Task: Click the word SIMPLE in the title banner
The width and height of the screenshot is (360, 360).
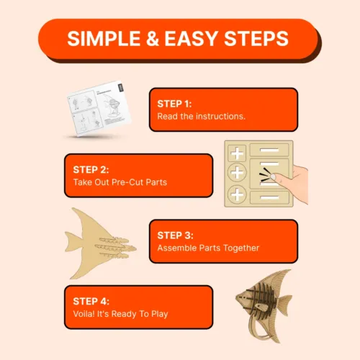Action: click(104, 39)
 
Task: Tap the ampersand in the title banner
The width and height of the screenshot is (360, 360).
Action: click(153, 39)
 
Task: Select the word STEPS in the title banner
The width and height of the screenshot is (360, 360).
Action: click(256, 39)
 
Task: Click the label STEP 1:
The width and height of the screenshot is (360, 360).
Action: click(174, 104)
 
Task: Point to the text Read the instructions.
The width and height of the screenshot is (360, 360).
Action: click(201, 117)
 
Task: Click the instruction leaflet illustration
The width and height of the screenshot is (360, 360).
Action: click(99, 109)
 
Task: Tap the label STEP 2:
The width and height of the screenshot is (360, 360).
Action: click(91, 170)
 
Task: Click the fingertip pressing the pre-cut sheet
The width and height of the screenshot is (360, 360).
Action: click(274, 177)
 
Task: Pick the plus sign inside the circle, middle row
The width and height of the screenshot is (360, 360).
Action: click(237, 172)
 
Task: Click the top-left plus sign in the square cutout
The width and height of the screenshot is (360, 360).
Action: click(237, 153)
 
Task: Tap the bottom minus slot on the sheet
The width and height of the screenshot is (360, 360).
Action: click(269, 198)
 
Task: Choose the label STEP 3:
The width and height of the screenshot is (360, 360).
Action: click(175, 235)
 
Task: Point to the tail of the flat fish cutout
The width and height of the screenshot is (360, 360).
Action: click(73, 242)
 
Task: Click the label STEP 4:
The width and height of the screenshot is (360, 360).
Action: click(91, 302)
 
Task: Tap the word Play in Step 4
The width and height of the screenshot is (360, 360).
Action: click(160, 314)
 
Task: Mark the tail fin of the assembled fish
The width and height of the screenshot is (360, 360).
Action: click(285, 304)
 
